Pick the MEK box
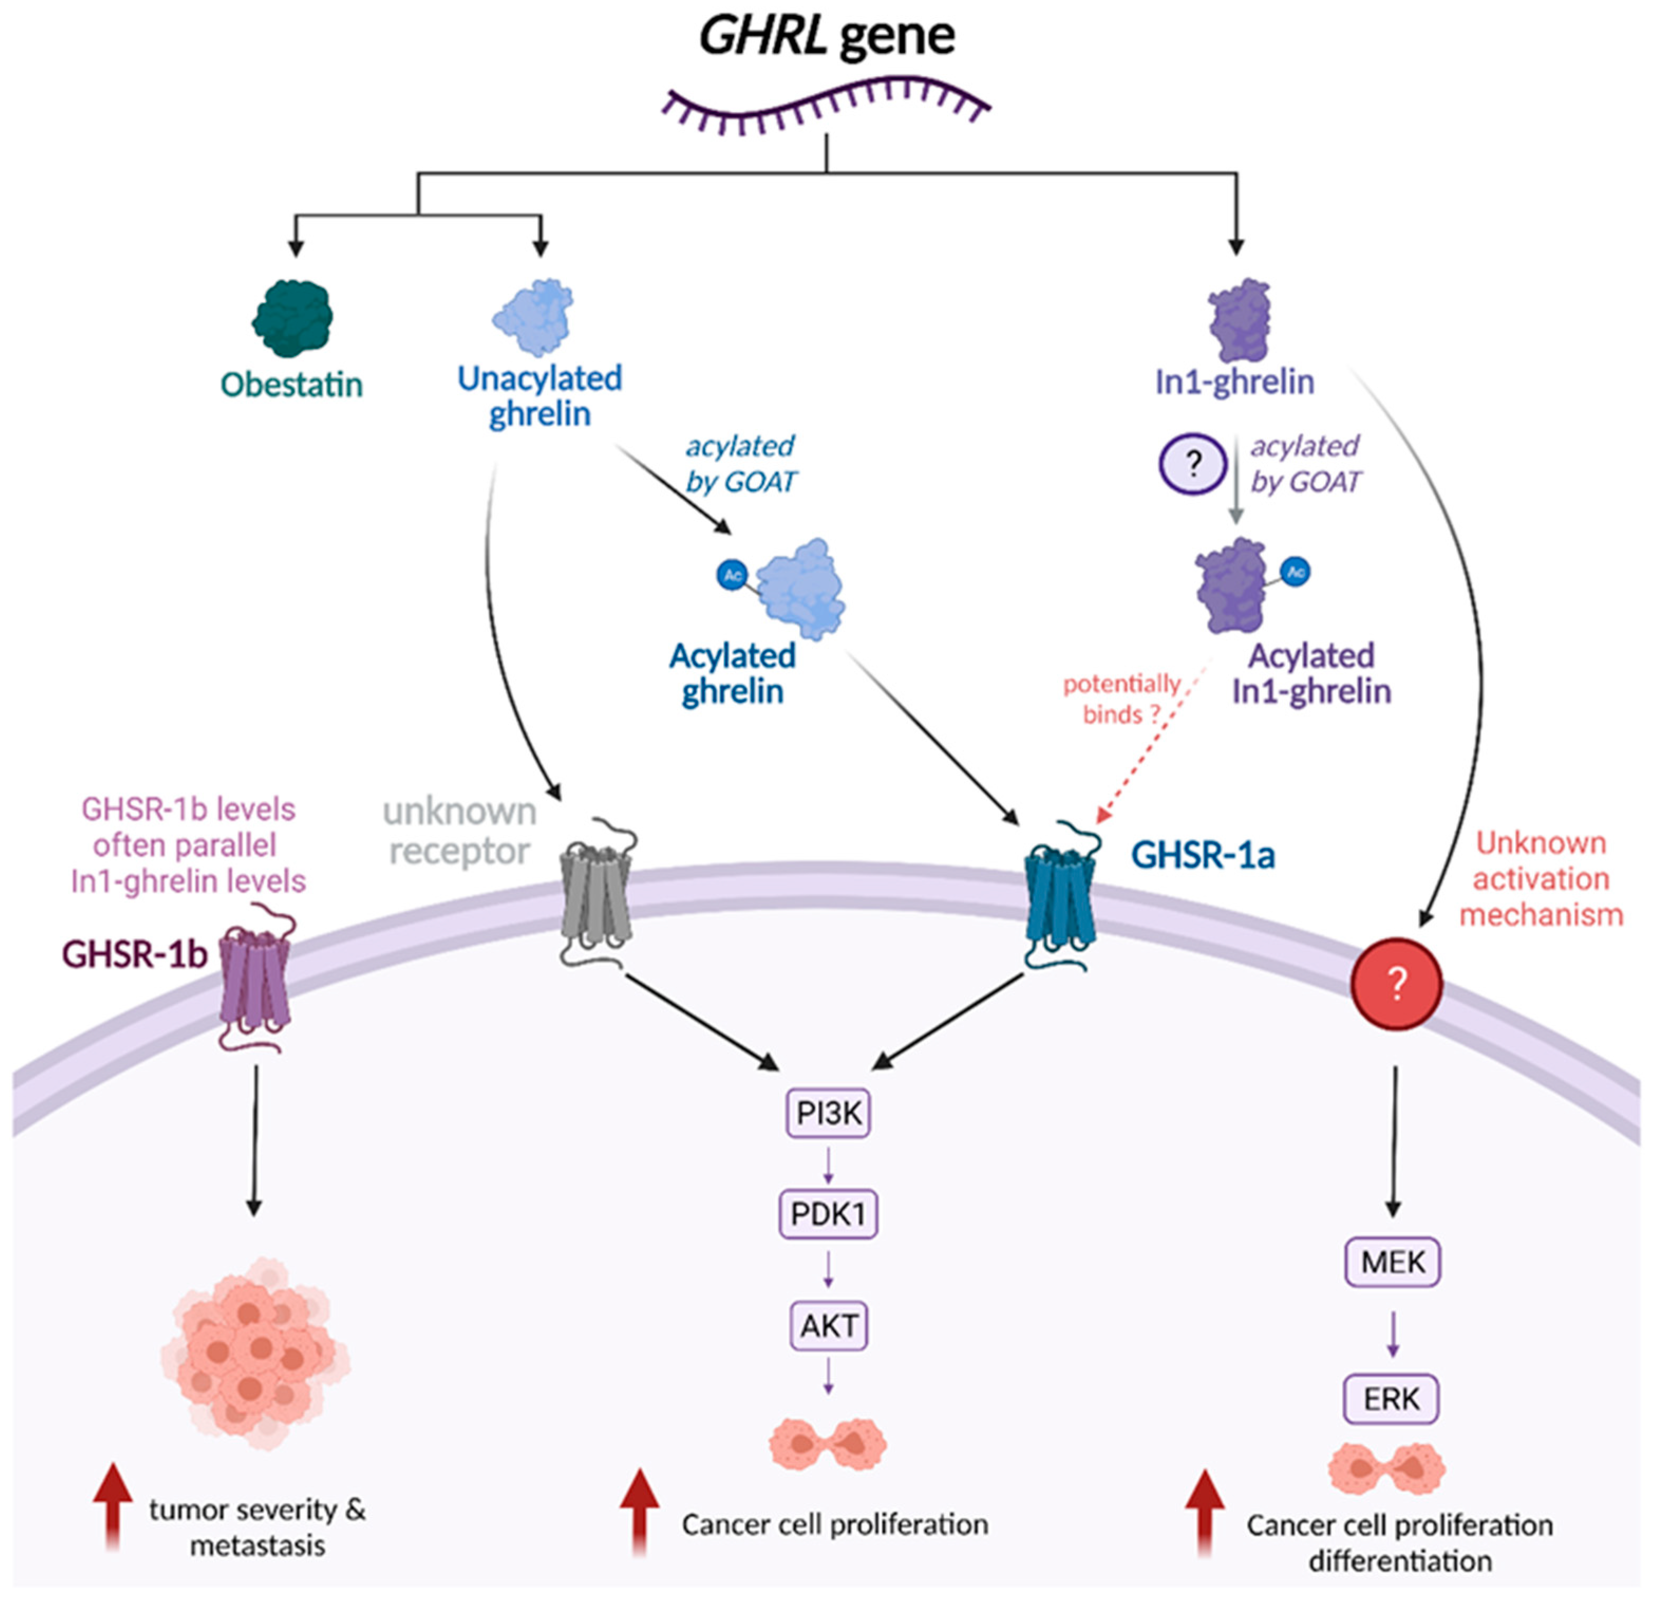(x=1392, y=1262)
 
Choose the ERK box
(x=1391, y=1399)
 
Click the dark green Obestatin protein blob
(x=292, y=318)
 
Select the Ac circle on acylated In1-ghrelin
(x=1296, y=571)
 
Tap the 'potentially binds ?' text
(x=1121, y=699)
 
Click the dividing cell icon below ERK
(x=1386, y=1469)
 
